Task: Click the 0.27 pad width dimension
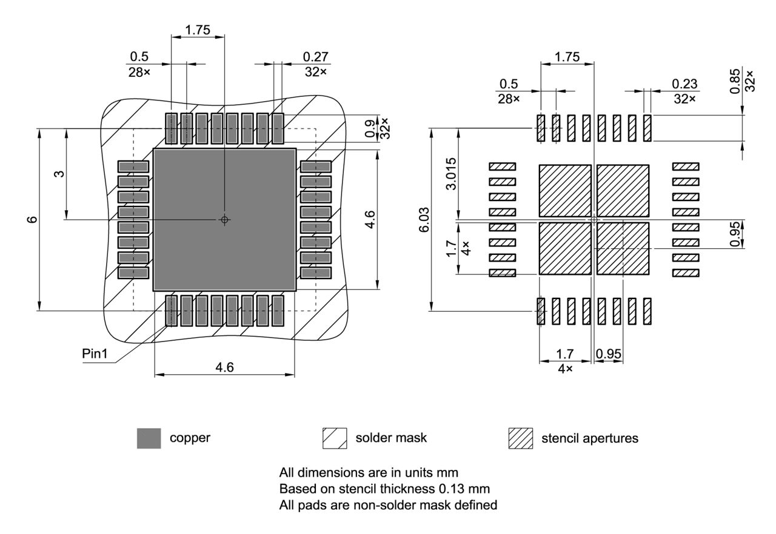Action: pos(315,57)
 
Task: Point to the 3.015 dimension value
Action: pos(451,174)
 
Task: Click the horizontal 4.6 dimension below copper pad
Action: pos(225,368)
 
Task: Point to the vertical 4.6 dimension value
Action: pos(370,219)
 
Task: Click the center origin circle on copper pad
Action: pos(225,219)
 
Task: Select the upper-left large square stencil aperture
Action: pos(565,190)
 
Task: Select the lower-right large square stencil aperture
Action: pos(623,248)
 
